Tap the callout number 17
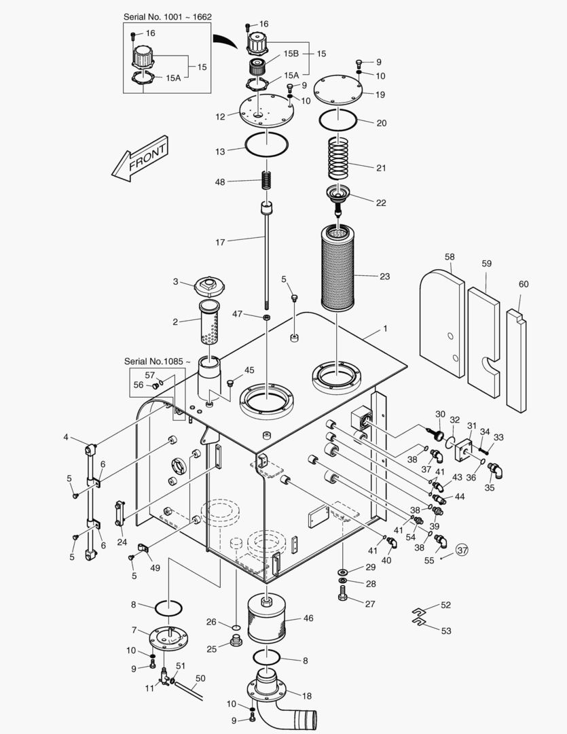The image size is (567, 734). click(x=220, y=241)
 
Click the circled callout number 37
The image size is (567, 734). click(x=462, y=550)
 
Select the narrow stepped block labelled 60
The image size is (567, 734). click(x=515, y=360)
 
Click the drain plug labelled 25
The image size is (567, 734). click(x=236, y=642)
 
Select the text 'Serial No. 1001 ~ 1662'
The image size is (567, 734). click(x=163, y=16)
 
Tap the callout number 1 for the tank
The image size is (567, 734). click(x=385, y=328)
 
